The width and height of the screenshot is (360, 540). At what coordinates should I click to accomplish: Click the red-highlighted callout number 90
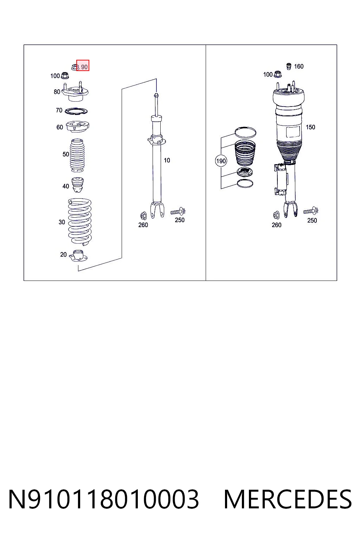pos(84,67)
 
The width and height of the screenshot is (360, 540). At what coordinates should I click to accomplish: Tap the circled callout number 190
pos(221,161)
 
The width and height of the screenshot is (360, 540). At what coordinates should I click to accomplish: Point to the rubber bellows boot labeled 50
pos(77,155)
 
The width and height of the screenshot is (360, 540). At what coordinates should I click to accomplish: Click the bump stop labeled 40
pos(78,185)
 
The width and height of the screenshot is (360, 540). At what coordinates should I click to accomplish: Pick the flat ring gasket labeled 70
pos(76,111)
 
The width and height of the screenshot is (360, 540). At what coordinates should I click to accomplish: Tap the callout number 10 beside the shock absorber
pos(167,160)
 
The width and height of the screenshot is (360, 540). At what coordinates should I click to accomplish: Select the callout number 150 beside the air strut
pos(310,127)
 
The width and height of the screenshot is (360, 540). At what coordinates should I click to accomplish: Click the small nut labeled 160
pos(288,66)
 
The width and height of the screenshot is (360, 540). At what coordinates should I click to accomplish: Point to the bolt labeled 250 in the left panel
pos(178,212)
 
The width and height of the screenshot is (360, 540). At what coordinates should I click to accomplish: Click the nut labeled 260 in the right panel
pos(276,215)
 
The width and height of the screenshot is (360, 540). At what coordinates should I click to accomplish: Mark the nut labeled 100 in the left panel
pos(64,76)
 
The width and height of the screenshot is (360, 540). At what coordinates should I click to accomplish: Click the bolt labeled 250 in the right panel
pos(310,211)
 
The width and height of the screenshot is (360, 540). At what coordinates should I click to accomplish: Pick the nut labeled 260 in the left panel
pos(143,216)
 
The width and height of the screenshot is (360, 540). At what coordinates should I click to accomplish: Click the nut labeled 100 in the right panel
pos(278,74)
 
